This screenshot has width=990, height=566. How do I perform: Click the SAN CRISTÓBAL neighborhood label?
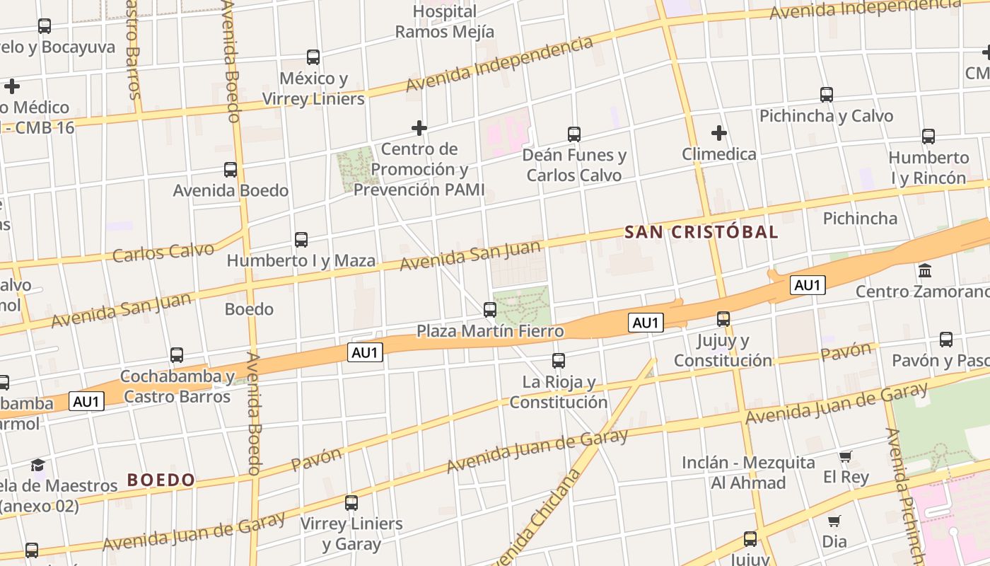pos(701,232)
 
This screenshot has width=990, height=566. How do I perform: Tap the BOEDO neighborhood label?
pos(161,480)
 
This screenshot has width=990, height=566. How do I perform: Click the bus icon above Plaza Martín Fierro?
pos(489,309)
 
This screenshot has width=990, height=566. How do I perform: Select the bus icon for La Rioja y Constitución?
pos(559,361)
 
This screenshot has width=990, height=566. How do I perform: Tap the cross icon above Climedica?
pos(719,132)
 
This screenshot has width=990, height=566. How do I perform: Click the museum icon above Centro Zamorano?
pos(924,270)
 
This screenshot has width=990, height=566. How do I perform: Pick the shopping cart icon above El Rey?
pos(845,456)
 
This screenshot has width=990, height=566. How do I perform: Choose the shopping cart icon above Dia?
pos(834,521)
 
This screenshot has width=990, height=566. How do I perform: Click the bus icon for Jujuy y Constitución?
pos(723,319)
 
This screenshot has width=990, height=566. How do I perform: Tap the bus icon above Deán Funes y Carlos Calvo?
pos(574,134)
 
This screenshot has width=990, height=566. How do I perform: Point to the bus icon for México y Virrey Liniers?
pos(313,57)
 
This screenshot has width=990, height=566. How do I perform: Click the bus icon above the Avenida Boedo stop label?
pos(231,170)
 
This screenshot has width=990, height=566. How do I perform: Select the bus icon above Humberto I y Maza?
pos(301,240)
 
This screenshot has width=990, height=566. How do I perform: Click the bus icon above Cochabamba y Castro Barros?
pos(177,355)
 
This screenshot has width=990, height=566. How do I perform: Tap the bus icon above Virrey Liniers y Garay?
pos(351,503)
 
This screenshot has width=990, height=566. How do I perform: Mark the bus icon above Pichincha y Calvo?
pos(826,94)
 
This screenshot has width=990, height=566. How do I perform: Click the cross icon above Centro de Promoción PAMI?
pos(419,128)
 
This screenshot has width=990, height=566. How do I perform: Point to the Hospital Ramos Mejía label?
pos(444,21)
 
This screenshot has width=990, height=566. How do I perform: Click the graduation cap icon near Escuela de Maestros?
pos(37,465)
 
